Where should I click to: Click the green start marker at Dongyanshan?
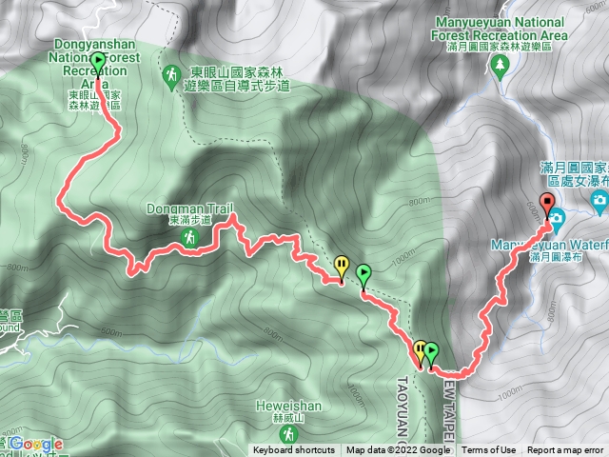[100, 60]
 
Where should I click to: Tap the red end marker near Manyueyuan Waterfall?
[546, 201]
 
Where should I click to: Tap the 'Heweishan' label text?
[280, 405]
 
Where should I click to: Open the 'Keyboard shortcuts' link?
[294, 450]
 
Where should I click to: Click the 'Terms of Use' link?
[489, 450]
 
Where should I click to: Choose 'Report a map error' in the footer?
[565, 450]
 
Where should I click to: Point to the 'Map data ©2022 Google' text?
[398, 450]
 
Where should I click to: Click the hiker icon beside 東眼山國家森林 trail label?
[171, 72]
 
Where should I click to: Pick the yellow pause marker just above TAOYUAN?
[420, 348]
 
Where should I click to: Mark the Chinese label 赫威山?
[280, 416]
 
